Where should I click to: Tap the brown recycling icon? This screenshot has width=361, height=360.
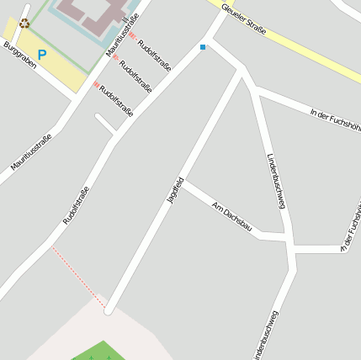(24, 24)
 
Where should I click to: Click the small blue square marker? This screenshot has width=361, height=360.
(203, 47)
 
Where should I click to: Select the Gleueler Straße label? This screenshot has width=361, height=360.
(244, 19)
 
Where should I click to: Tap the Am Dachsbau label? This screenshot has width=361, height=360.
(232, 215)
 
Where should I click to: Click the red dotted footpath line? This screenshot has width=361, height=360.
(77, 276)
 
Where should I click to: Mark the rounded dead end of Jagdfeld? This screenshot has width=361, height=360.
(108, 310)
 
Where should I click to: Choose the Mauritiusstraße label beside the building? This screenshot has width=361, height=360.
(122, 34)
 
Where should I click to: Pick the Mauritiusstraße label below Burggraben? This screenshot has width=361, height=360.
(31, 152)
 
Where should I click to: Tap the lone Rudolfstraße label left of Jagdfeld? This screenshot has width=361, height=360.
(76, 204)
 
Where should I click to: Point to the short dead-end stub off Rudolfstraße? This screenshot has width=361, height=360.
(104, 123)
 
